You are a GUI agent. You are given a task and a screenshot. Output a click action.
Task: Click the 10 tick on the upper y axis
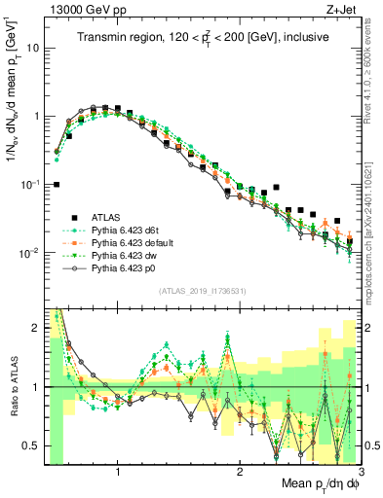33,47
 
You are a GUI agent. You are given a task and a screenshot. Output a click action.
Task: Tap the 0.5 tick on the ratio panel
31,445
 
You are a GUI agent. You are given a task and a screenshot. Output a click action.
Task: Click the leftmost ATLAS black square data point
57,184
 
